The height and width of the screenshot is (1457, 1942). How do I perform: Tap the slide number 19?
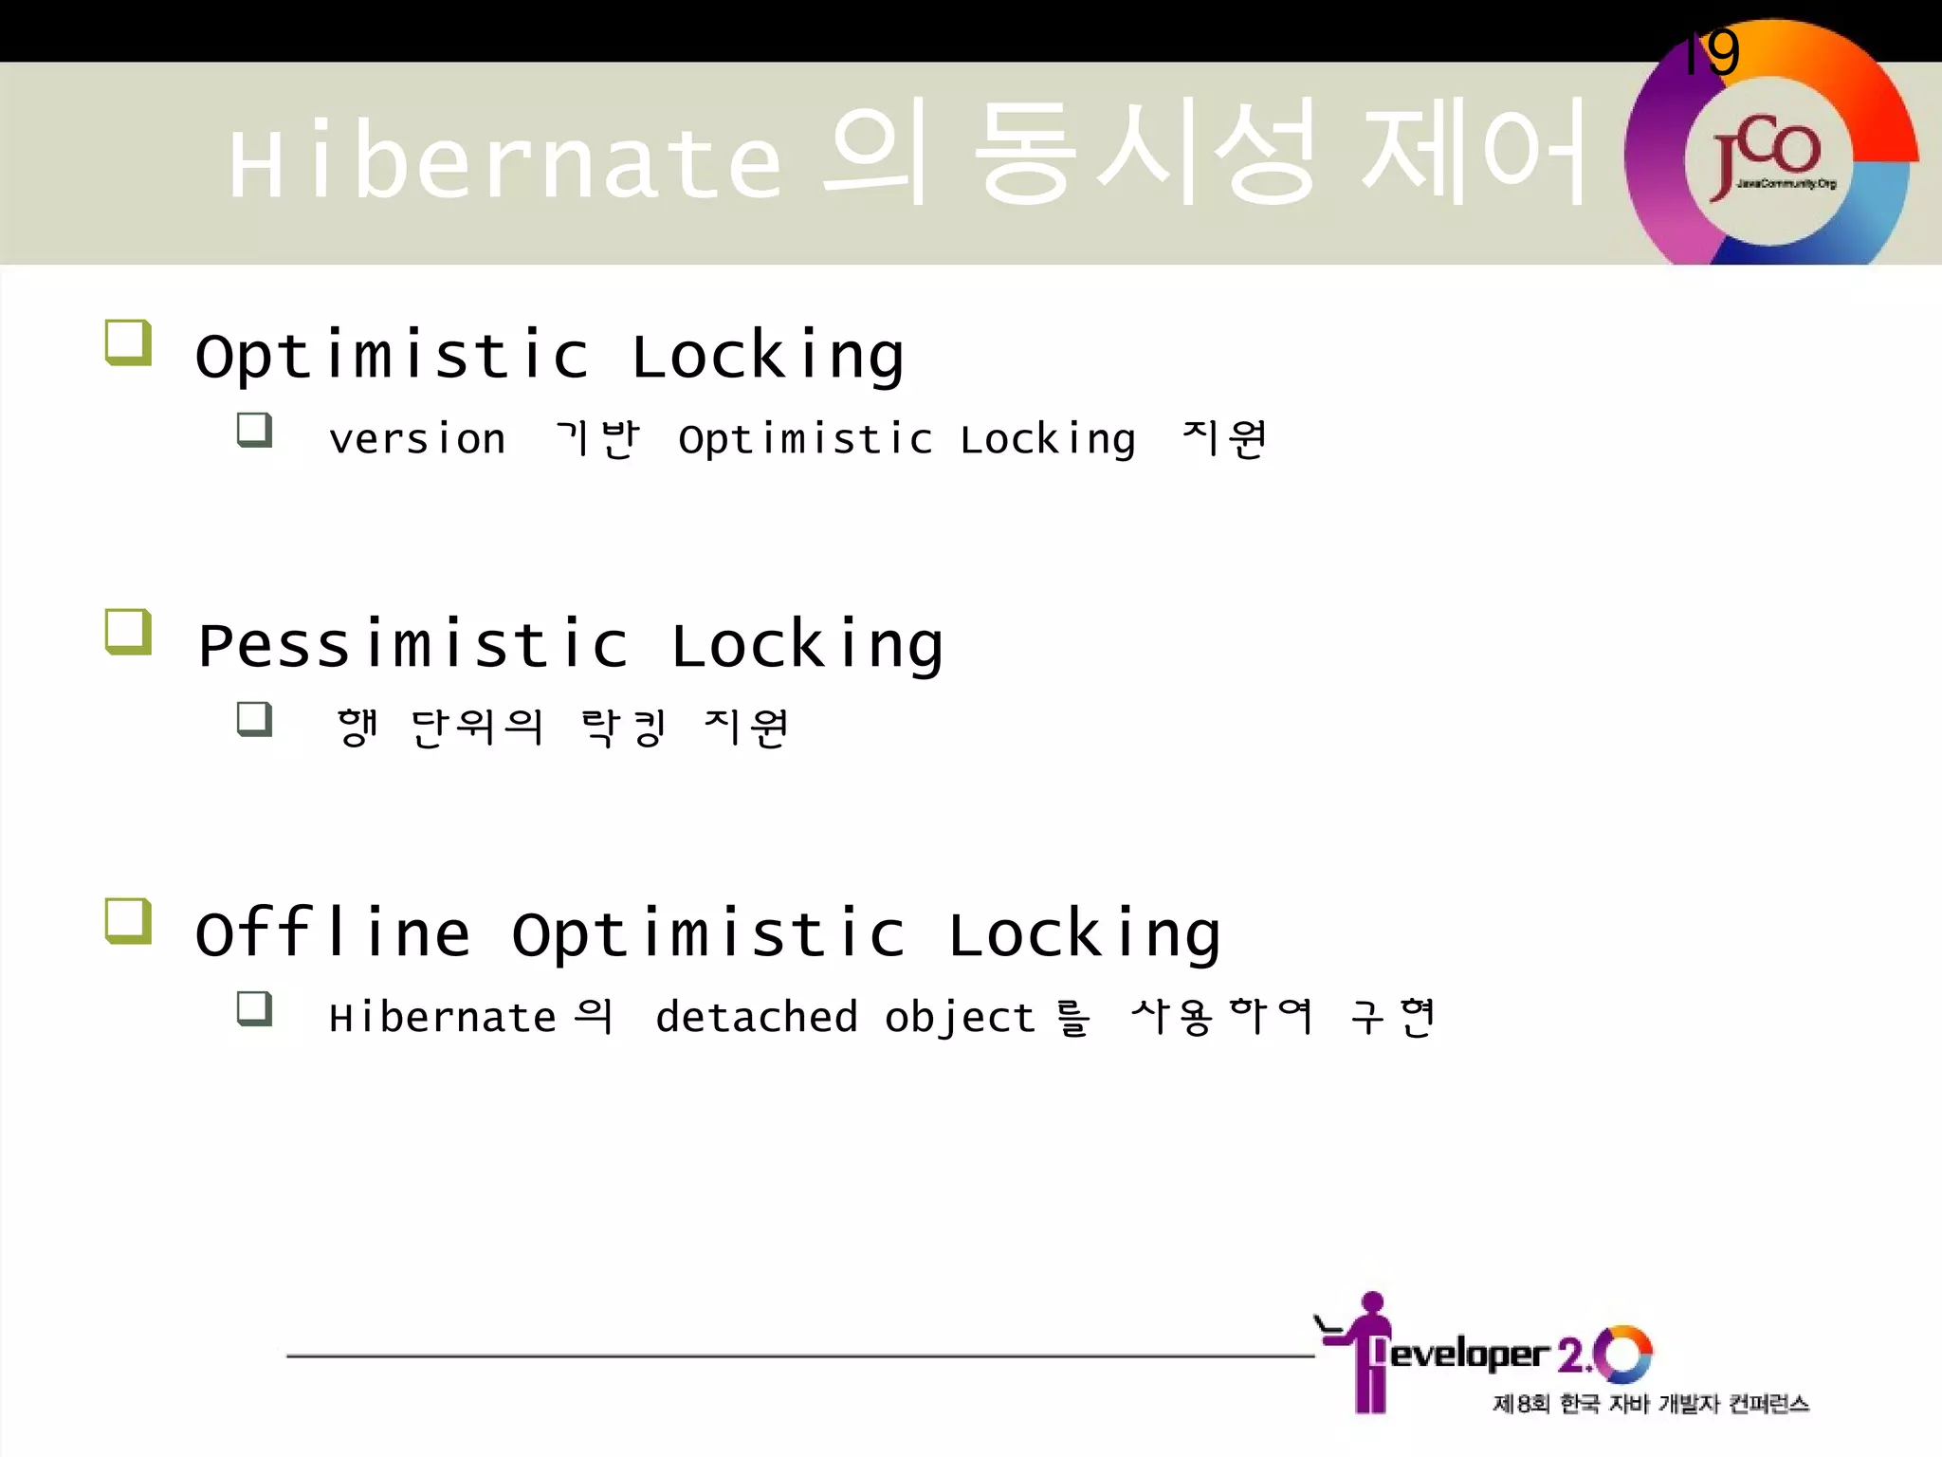pyautogui.click(x=1712, y=53)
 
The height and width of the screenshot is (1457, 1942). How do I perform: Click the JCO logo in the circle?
pyautogui.click(x=1768, y=159)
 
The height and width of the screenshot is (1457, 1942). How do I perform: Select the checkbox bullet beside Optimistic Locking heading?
pyautogui.click(x=128, y=342)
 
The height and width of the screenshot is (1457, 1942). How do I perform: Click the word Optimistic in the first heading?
pyautogui.click(x=392, y=356)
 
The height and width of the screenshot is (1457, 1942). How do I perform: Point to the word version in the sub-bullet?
pyautogui.click(x=416, y=439)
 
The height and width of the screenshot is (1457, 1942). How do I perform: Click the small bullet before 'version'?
pyautogui.click(x=254, y=430)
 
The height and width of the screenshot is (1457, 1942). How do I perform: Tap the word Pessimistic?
pyautogui.click(x=412, y=645)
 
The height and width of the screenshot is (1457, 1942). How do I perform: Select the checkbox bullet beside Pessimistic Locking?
pyautogui.click(x=128, y=632)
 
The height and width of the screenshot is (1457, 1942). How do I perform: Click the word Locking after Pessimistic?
pyautogui.click(x=807, y=645)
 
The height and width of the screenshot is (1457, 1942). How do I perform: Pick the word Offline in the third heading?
pyautogui.click(x=332, y=933)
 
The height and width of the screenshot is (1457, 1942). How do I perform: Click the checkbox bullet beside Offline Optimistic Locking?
pyautogui.click(x=128, y=921)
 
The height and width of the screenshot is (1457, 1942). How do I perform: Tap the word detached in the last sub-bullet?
pyautogui.click(x=756, y=1018)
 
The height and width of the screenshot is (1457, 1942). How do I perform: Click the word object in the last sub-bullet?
pyautogui.click(x=959, y=1018)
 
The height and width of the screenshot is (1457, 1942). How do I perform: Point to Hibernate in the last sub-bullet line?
pyautogui.click(x=442, y=1018)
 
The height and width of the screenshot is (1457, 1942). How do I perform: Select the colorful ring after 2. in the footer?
pyautogui.click(x=1622, y=1354)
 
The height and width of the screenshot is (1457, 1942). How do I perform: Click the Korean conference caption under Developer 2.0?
pyautogui.click(x=1650, y=1404)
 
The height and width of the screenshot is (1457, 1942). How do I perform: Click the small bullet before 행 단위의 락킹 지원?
pyautogui.click(x=254, y=719)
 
